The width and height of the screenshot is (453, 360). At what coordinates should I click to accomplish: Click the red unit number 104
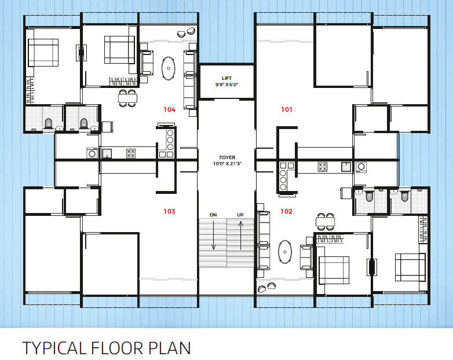pyautogui.click(x=169, y=109)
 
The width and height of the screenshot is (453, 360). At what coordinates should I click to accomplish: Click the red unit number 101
pyautogui.click(x=287, y=109)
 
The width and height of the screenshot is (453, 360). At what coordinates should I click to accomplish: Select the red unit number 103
pyautogui.click(x=169, y=211)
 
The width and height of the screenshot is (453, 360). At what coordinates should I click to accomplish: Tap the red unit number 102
pyautogui.click(x=286, y=211)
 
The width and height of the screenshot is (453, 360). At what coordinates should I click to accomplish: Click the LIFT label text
pyautogui.click(x=226, y=78)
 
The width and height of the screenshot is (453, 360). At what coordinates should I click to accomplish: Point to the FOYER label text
pyautogui.click(x=227, y=157)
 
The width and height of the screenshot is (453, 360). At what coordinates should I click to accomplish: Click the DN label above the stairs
pyautogui.click(x=213, y=215)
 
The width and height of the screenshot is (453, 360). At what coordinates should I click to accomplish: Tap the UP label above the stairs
pyautogui.click(x=240, y=215)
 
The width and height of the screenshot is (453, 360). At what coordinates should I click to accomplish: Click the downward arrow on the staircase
pyautogui.click(x=214, y=236)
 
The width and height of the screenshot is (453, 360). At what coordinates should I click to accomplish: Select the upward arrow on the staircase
pyautogui.click(x=240, y=236)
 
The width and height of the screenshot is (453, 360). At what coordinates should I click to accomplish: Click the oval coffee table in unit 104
pyautogui.click(x=168, y=68)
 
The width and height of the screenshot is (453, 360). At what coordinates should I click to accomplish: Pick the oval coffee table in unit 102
pyautogui.click(x=285, y=252)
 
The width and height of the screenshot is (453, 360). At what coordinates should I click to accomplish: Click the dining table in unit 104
pyautogui.click(x=127, y=98)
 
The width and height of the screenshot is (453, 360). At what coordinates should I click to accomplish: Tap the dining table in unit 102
pyautogui.click(x=326, y=222)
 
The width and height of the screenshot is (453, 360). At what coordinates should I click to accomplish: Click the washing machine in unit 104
pyautogui.click(x=92, y=153)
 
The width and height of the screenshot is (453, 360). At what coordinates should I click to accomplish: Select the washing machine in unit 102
pyautogui.click(x=361, y=167)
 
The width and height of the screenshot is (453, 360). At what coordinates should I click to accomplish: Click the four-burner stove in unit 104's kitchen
pyautogui.click(x=131, y=153)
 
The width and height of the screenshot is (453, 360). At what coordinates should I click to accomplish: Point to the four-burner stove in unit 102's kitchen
pyautogui.click(x=323, y=167)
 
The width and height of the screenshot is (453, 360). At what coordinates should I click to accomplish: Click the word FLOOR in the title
pyautogui.click(x=117, y=348)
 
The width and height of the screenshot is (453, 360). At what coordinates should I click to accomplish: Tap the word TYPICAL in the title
pyautogui.click(x=54, y=348)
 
